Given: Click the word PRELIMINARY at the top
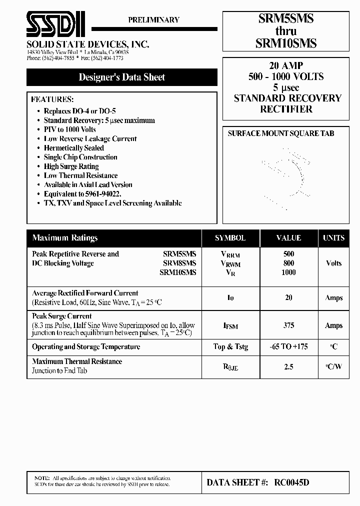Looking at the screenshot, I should point(153,20).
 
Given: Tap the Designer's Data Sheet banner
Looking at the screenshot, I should point(121,77).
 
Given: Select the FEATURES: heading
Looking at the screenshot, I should point(52,99).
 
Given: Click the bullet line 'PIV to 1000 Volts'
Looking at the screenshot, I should point(69,129).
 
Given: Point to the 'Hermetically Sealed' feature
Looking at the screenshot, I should point(73,148).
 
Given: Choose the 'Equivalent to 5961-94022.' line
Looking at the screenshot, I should point(82,194).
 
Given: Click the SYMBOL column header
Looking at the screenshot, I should point(230,238).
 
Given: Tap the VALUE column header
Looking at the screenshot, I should point(288,238).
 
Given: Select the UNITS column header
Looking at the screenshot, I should point(333,238).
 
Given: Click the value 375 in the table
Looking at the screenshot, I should point(288,325).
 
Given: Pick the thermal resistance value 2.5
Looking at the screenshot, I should point(288,366).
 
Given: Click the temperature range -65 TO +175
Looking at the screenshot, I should point(288,346).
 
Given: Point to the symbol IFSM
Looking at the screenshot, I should point(230,326).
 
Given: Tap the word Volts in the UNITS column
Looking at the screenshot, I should point(333,263).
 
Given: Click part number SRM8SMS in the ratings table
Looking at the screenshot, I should point(179,263).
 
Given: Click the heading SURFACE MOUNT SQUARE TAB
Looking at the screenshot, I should point(281,133).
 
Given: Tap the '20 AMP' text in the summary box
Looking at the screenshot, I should point(286,66).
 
